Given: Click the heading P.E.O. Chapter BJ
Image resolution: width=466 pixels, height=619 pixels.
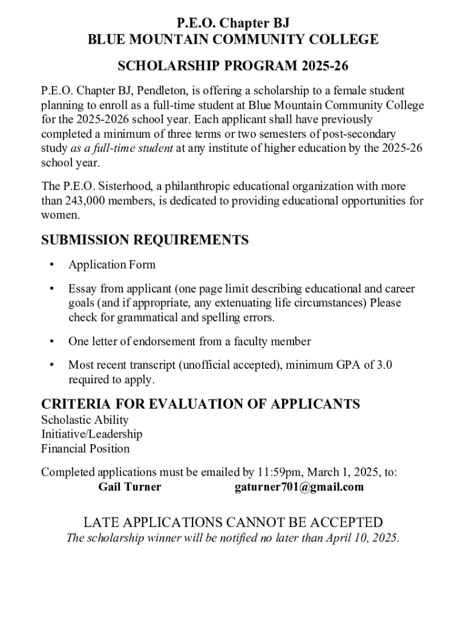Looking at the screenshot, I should [233, 24].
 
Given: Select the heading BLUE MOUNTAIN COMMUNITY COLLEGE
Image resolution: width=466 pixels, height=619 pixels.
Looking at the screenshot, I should [233, 40].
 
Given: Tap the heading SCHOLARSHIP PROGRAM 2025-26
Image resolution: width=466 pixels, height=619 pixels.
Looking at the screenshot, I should [233, 65].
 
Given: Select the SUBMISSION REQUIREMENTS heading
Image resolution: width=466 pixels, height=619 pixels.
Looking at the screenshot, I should [145, 240].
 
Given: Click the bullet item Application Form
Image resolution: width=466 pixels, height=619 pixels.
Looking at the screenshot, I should [112, 265].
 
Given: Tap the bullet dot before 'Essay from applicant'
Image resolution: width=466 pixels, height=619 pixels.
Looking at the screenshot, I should [53, 289].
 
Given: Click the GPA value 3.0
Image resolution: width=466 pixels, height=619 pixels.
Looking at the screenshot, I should [380, 365].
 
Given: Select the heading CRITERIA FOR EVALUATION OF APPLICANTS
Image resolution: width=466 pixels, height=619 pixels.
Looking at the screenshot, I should [200, 404].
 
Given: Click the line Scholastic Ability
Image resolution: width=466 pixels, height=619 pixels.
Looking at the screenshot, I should [85, 420].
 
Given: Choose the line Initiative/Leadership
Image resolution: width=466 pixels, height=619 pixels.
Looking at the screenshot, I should [91, 434].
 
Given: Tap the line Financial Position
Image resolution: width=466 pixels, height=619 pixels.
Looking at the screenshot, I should [85, 449].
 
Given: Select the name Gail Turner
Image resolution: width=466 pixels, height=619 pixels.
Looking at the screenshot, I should [130, 487].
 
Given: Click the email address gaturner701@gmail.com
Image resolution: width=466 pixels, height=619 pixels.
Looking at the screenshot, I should [299, 487].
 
